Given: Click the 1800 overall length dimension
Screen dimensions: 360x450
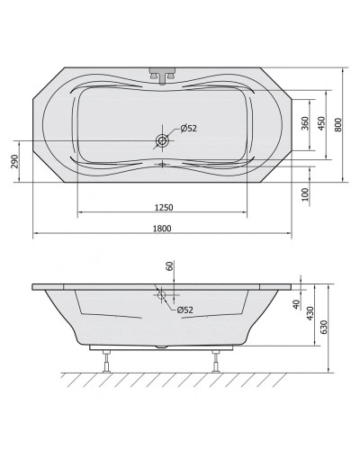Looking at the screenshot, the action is click(x=162, y=229).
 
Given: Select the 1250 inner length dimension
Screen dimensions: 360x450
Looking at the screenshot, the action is click(x=164, y=207).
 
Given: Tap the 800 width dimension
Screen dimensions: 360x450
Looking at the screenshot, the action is click(x=338, y=125).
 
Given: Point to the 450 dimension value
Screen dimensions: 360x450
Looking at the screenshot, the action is click(x=321, y=123).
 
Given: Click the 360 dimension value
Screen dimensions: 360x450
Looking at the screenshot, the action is click(x=304, y=123).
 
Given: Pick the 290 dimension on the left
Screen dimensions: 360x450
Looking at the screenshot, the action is click(x=15, y=161).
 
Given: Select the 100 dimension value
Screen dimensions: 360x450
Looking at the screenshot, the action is click(x=305, y=194).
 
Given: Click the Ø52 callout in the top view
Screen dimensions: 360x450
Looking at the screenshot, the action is click(x=188, y=129).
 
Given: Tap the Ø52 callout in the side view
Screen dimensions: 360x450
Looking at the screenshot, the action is click(x=184, y=310).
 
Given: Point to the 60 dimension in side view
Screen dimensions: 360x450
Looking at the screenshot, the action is click(x=170, y=266).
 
